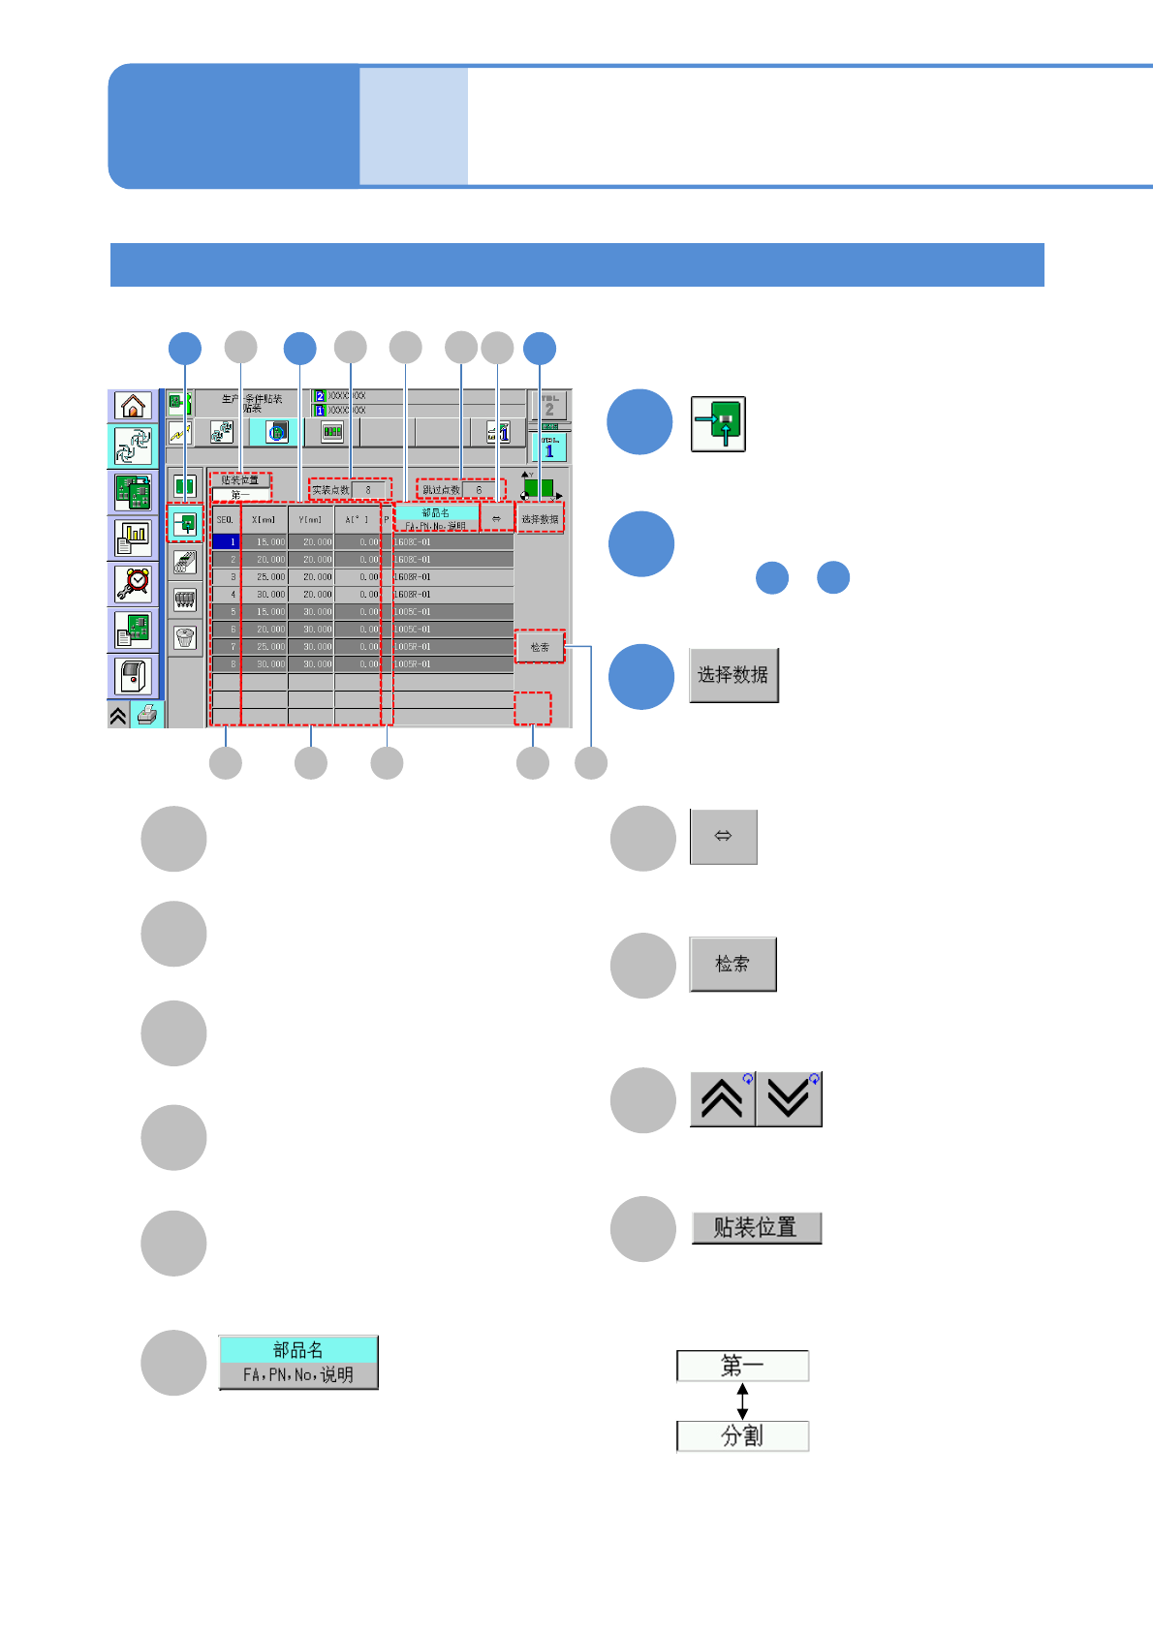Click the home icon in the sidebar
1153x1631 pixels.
133,405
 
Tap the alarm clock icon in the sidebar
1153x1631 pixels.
133,584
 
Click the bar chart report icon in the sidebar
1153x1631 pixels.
133,538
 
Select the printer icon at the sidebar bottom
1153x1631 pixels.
147,716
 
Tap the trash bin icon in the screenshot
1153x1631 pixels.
184,637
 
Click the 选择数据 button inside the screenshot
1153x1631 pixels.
540,519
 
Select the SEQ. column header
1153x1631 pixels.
225,519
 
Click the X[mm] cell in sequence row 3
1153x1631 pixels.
265,577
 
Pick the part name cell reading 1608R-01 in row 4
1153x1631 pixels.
452,595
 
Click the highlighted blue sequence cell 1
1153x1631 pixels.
225,542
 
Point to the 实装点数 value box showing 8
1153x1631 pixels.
369,490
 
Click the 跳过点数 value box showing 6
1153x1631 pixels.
480,490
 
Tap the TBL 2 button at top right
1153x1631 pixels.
549,405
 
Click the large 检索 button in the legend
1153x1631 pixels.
732,964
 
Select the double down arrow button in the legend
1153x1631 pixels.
789,1099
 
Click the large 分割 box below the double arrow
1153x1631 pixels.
742,1435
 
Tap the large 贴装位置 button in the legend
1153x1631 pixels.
756,1228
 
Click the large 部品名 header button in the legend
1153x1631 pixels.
298,1362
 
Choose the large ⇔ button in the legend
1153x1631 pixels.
723,836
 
